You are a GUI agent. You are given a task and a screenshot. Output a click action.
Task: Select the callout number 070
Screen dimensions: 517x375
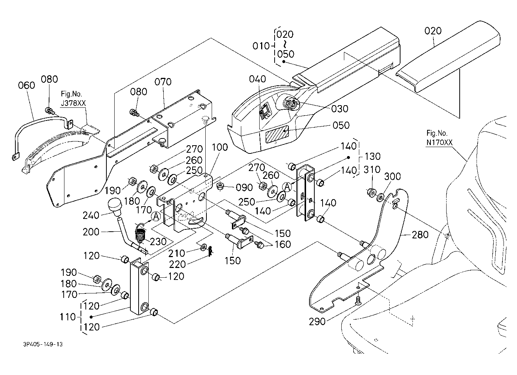click(163, 82)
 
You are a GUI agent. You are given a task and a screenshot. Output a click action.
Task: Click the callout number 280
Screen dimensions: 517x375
click(420, 235)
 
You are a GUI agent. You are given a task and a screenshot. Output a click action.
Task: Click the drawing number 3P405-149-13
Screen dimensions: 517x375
click(43, 344)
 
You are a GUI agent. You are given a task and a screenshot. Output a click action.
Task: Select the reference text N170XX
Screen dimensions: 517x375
click(439, 143)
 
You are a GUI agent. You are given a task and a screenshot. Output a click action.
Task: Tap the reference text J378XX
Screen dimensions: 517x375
click(73, 103)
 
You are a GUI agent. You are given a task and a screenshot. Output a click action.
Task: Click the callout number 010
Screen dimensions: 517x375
click(261, 46)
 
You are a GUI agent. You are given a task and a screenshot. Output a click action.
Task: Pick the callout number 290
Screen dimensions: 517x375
click(317, 321)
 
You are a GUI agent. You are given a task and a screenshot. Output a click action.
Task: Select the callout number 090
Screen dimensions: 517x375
click(244, 187)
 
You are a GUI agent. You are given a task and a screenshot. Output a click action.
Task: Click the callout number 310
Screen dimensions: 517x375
click(372, 170)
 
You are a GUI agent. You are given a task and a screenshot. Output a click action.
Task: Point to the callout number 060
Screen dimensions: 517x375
click(27, 85)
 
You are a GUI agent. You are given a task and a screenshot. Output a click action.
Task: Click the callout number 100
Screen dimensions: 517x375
click(220, 147)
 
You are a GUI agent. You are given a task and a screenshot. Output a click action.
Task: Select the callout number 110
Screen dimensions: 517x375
click(68, 317)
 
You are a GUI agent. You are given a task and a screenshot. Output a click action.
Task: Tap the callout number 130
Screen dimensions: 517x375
click(372, 156)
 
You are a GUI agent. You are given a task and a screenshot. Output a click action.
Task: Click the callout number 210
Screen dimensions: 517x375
click(176, 253)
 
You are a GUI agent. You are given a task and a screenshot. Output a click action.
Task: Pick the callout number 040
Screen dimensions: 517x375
click(257, 79)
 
